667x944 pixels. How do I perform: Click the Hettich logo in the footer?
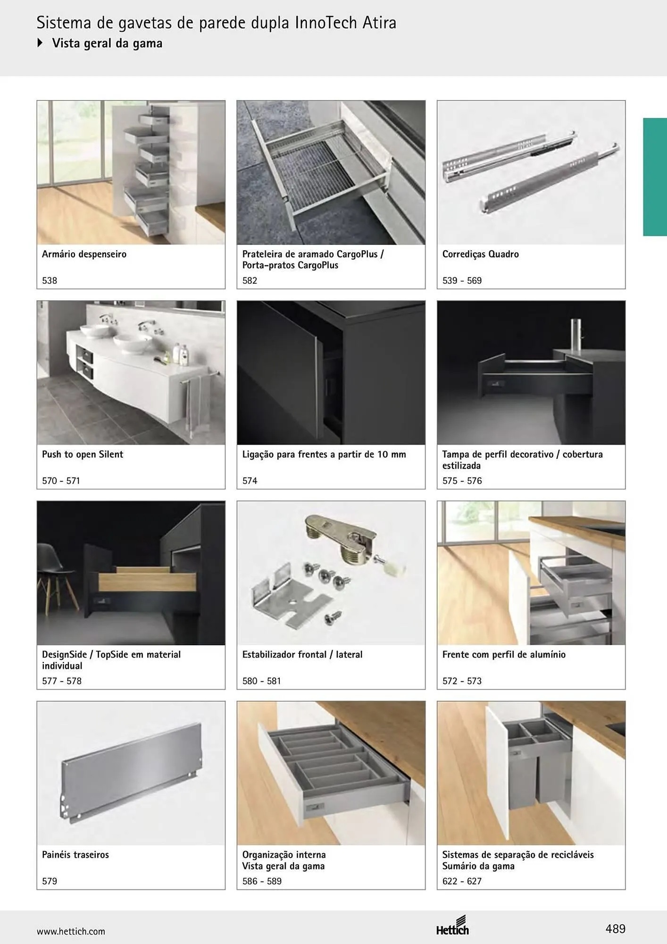(x=452, y=926)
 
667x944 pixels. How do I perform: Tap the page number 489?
(x=615, y=929)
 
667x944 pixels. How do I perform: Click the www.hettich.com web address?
(x=71, y=931)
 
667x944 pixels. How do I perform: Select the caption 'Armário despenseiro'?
(x=84, y=254)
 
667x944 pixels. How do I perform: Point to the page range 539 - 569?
(x=462, y=280)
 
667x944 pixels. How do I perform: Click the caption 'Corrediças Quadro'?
(x=480, y=254)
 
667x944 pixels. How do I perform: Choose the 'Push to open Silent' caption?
(x=83, y=455)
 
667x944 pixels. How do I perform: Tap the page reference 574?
(x=250, y=480)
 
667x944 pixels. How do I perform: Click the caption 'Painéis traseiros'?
(x=75, y=854)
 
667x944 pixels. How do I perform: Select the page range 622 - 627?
(x=462, y=881)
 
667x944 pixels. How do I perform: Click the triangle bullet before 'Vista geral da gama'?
(x=40, y=43)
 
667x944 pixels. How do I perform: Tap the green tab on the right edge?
(x=655, y=177)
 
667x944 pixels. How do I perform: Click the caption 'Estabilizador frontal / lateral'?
(x=302, y=654)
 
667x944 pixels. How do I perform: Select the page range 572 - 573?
(x=462, y=681)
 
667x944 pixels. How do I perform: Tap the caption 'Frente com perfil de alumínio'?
(x=504, y=654)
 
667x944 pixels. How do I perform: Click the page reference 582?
(x=250, y=280)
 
